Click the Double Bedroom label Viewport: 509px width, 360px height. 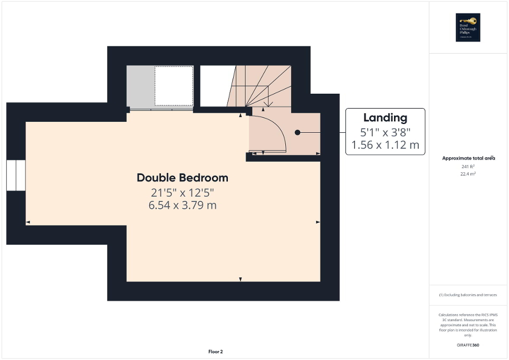[183, 178]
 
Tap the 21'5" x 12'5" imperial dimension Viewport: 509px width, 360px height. [183, 192]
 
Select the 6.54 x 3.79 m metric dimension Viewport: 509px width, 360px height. [183, 205]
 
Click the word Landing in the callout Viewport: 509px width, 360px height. [385, 118]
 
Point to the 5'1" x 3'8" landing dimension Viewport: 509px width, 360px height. [385, 132]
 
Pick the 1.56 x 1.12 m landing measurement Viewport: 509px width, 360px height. [385, 145]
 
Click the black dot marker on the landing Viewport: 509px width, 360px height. [297, 132]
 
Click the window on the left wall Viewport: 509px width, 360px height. [16, 175]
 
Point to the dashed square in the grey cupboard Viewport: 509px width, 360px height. [174, 85]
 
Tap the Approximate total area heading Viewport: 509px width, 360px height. [468, 158]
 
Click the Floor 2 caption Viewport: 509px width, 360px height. [216, 352]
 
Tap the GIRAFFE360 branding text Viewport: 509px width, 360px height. [468, 345]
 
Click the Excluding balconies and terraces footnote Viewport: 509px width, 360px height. [468, 295]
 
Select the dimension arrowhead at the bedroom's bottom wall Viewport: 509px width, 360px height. [241, 279]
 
